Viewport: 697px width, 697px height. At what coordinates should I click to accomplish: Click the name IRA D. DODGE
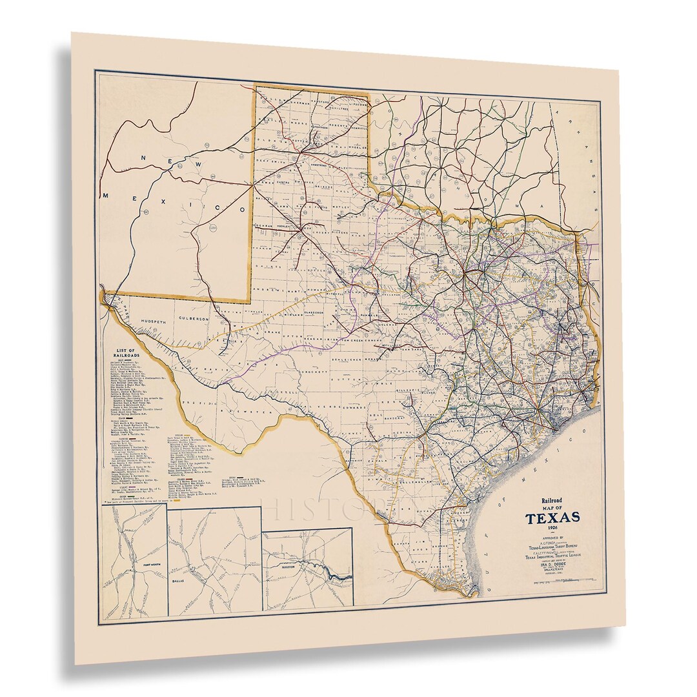point(551,567)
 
